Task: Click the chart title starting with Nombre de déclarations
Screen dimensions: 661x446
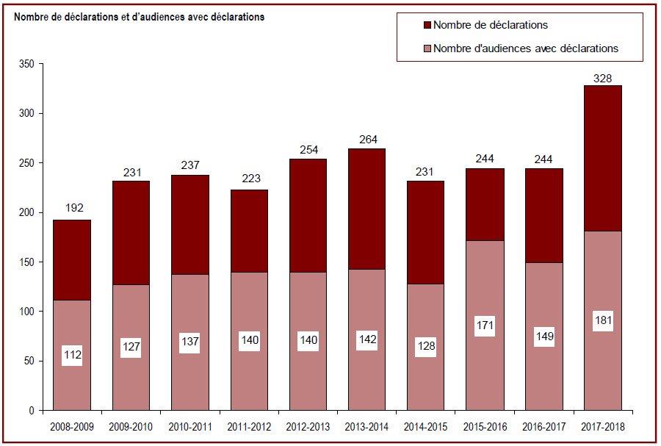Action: (139, 17)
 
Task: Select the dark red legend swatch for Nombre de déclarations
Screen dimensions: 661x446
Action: (427, 25)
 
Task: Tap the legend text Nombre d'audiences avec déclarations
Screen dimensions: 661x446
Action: (526, 48)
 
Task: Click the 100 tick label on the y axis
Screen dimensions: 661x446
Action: (26, 312)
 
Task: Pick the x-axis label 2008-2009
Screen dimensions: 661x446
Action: (72, 427)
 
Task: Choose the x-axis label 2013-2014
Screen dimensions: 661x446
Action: (366, 427)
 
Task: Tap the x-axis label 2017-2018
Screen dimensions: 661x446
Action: (603, 427)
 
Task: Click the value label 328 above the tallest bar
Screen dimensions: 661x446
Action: (602, 79)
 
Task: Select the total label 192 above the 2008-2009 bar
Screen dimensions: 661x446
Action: (74, 208)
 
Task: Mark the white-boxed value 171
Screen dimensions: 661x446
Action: (485, 325)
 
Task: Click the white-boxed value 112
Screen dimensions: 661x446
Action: (73, 355)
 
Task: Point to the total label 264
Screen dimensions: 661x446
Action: (368, 140)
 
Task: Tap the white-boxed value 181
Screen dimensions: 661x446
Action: (603, 320)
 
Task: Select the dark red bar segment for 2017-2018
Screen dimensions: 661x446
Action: (603, 159)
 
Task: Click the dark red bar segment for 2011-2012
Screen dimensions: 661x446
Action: (249, 231)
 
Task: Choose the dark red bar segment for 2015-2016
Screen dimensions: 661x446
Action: (485, 205)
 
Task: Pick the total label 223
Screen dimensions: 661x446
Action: (251, 179)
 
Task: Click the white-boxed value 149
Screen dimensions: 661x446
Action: (543, 337)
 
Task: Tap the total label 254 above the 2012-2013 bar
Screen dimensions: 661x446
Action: (309, 150)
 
